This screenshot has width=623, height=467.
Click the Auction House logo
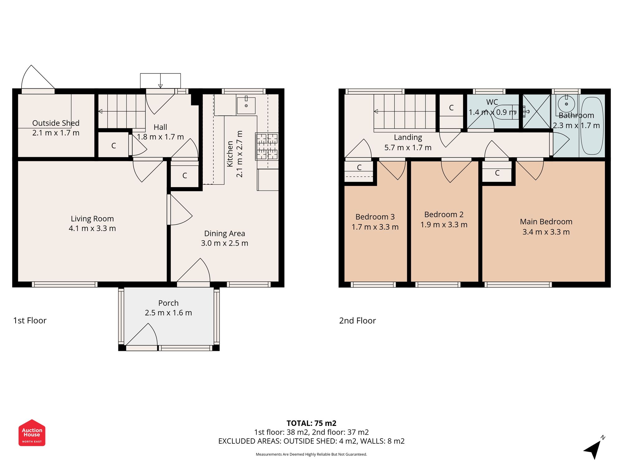(32, 433)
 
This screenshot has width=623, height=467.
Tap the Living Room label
(92, 219)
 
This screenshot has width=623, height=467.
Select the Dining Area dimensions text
(224, 243)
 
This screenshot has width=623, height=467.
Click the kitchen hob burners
(267, 146)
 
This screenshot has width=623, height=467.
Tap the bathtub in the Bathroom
(592, 126)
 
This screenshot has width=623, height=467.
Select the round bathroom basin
(566, 104)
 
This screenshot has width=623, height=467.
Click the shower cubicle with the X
(536, 111)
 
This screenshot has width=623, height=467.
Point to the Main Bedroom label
(546, 222)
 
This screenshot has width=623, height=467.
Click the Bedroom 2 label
(444, 215)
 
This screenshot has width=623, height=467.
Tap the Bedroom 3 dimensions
(375, 227)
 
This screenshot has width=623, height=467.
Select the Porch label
(168, 303)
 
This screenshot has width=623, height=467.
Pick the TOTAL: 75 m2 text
(311, 423)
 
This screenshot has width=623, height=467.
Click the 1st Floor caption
(30, 320)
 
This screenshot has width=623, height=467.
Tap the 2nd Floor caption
(357, 320)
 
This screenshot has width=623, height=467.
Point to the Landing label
(408, 137)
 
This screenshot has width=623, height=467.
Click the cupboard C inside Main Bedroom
(497, 173)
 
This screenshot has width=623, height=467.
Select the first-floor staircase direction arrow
(101, 111)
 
